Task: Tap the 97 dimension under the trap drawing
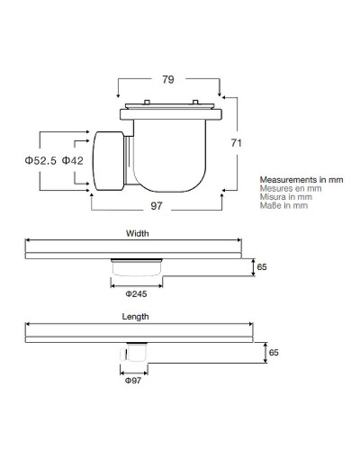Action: click(x=157, y=208)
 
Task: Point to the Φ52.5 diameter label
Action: click(x=40, y=160)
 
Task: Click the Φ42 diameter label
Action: click(x=73, y=160)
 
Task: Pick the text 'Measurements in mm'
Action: click(x=301, y=180)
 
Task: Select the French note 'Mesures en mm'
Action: click(x=291, y=189)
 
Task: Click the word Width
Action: click(x=137, y=233)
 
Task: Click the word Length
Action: click(x=135, y=317)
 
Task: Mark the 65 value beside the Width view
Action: click(x=262, y=267)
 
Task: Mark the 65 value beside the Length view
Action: click(x=262, y=353)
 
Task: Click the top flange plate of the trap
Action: click(x=172, y=112)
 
